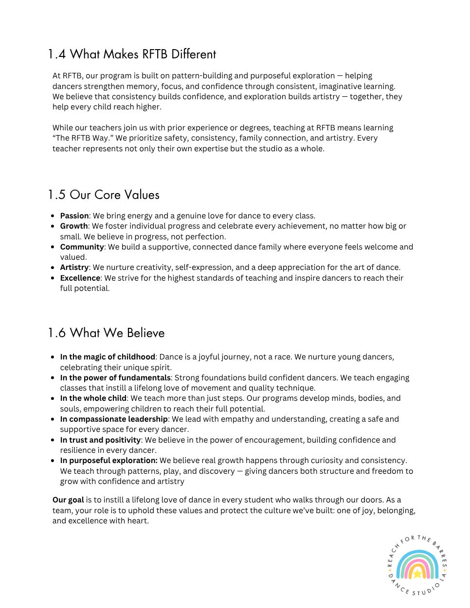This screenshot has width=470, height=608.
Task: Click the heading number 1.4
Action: coord(56,54)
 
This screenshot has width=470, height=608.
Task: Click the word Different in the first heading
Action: coord(194,54)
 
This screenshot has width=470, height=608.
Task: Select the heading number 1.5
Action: coord(56,195)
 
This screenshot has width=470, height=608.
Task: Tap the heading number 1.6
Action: coord(56,333)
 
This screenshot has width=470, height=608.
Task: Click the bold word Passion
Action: coord(74,216)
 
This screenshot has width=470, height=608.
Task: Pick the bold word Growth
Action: coord(74,226)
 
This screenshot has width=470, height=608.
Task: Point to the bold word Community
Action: coord(82,247)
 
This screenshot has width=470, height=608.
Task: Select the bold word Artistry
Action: coord(74,268)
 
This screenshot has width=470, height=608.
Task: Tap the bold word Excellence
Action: coord(80,278)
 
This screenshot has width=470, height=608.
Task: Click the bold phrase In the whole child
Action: coord(93,398)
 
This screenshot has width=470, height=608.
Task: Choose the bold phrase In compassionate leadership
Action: coord(114,419)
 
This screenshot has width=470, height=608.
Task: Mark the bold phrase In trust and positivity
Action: coord(100,440)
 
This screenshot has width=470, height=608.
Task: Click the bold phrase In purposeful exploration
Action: coord(108,461)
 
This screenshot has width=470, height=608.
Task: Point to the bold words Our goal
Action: coord(68,500)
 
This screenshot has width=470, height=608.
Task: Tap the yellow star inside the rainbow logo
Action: coord(417,574)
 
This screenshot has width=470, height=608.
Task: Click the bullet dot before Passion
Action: coord(53,216)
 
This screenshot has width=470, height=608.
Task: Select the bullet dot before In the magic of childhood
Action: coord(53,357)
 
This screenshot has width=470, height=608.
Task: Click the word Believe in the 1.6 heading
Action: coord(145,333)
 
